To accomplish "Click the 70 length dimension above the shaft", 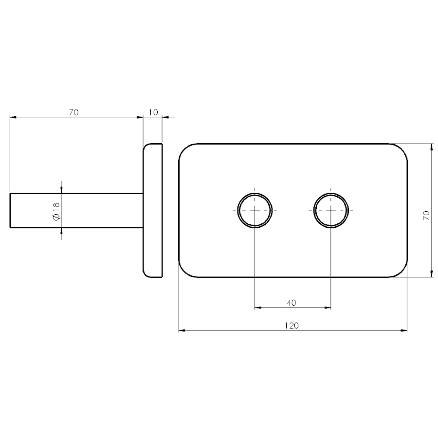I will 73,112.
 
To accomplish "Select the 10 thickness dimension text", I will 153,112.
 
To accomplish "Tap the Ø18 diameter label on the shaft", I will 55,210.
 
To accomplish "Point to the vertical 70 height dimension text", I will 426,216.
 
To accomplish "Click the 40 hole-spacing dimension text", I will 292,303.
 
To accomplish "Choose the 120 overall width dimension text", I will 292,326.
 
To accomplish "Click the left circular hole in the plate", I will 255,210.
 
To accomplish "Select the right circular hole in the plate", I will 331,210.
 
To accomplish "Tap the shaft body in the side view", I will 77,210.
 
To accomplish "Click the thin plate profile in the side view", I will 152,210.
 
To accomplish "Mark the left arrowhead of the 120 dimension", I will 182,330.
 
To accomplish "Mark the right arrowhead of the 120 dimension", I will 404,330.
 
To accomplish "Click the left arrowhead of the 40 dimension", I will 258,308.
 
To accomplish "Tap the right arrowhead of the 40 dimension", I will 328,308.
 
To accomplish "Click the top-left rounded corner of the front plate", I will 184,149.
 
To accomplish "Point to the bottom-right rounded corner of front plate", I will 402,272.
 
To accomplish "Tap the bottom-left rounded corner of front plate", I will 184,272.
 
